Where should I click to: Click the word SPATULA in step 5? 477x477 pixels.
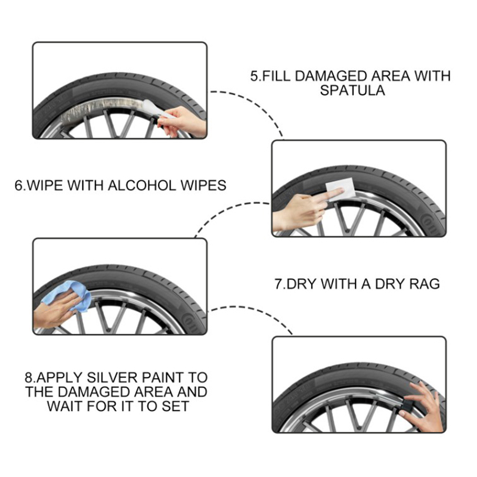(x=352, y=91)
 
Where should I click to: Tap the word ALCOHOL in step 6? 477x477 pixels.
(x=142, y=185)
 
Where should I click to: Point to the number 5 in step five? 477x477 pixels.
(x=254, y=76)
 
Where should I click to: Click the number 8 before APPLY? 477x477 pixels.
(x=28, y=377)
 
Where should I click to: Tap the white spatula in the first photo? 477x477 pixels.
(x=157, y=109)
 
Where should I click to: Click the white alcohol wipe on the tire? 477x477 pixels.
(x=340, y=189)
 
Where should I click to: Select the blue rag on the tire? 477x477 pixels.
(x=67, y=295)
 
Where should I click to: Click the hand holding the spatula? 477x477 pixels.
(x=182, y=122)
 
